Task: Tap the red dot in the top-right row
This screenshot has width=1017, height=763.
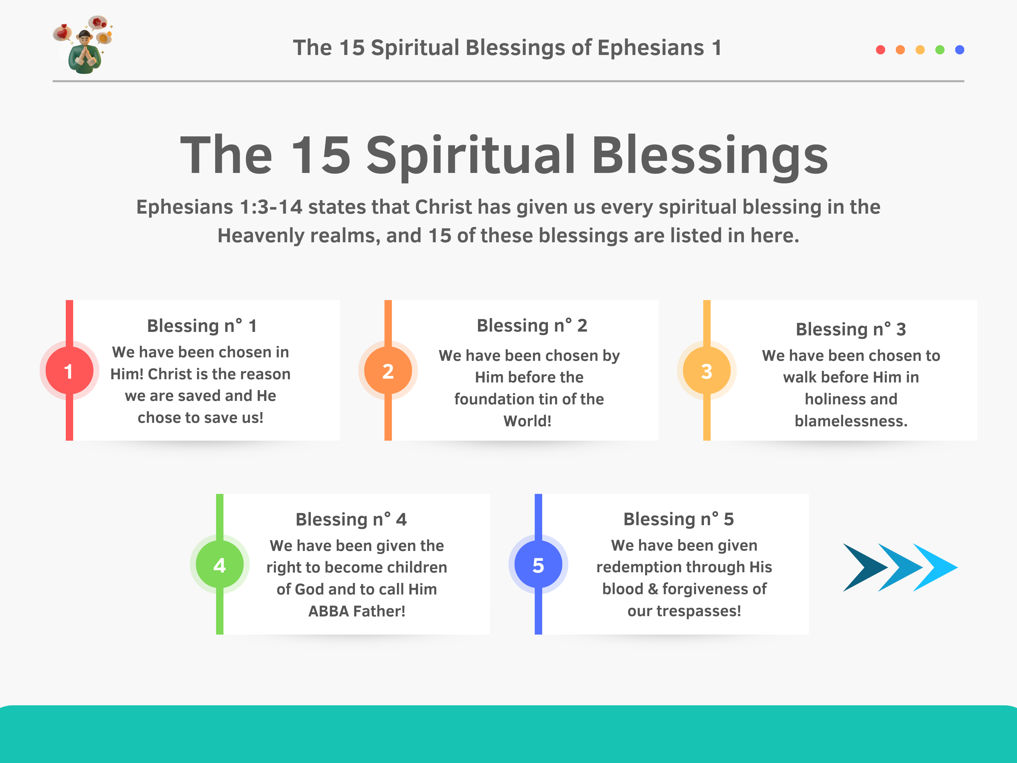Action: click(x=880, y=50)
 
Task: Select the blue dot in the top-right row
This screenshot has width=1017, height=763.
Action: click(x=959, y=50)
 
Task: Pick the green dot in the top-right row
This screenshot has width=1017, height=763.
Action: click(x=940, y=50)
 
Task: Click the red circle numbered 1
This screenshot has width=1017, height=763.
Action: click(x=69, y=371)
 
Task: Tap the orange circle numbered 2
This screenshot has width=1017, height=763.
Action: click(x=388, y=371)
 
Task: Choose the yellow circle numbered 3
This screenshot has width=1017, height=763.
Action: click(x=707, y=371)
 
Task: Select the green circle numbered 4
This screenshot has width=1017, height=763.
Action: click(x=220, y=564)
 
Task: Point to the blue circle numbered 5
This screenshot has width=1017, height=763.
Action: click(x=538, y=564)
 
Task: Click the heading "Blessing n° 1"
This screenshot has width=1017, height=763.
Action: click(x=202, y=326)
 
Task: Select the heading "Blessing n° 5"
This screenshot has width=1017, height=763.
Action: click(x=679, y=519)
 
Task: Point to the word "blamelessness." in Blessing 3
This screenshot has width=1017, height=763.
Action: click(x=851, y=421)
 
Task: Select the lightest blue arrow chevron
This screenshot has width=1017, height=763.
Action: click(x=935, y=567)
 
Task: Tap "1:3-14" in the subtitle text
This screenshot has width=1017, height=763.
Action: click(x=271, y=207)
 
